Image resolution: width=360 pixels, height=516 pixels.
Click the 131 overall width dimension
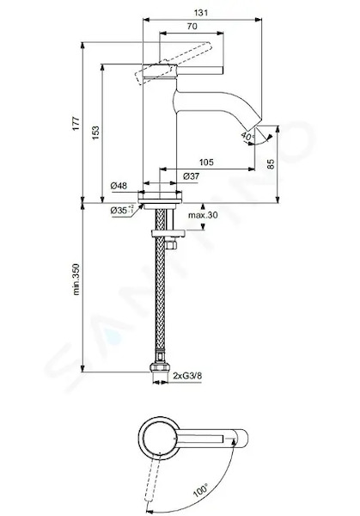click(x=201, y=13)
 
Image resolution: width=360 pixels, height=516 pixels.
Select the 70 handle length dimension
click(x=192, y=26)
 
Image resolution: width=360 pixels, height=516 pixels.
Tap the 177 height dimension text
click(x=76, y=123)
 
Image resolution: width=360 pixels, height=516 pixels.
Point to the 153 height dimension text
click(x=95, y=133)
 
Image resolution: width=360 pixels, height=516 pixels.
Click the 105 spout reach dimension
click(x=206, y=162)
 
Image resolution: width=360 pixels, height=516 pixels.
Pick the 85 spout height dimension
click(x=271, y=163)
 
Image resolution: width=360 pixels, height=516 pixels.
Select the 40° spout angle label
click(x=247, y=136)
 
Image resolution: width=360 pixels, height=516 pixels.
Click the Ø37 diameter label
click(x=191, y=176)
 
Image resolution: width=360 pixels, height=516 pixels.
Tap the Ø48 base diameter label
click(x=119, y=186)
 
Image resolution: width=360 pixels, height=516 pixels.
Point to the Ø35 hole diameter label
click(x=122, y=210)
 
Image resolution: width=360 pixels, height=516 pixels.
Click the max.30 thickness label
click(x=203, y=215)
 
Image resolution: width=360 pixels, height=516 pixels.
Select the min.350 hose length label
click(x=76, y=279)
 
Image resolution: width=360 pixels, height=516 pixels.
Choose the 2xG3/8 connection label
click(x=187, y=376)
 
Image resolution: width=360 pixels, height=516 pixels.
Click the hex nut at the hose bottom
click(x=160, y=367)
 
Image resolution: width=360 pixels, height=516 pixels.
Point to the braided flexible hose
click(x=160, y=286)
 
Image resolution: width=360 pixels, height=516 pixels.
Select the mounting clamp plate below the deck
click(x=168, y=233)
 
